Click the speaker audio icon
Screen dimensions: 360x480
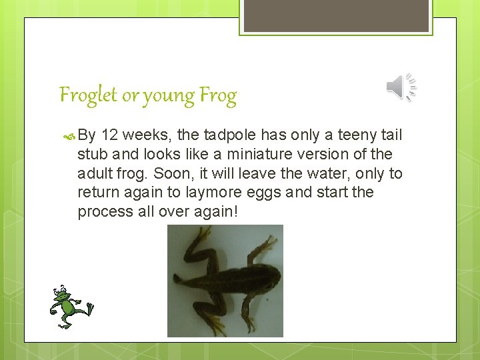click(x=401, y=88)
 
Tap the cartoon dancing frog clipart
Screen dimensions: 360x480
click(x=69, y=307)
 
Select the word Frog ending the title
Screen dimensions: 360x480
click(x=217, y=97)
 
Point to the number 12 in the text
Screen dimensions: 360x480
click(x=110, y=135)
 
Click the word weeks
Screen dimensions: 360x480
click(x=147, y=135)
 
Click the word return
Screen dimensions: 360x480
click(x=97, y=193)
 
